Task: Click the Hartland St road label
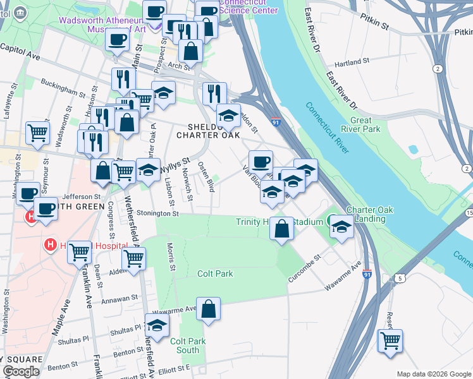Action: [352, 63]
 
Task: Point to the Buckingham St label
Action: [63, 87]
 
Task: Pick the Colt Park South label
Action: [188, 346]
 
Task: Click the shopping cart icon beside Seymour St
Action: [38, 133]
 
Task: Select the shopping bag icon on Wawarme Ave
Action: [208, 310]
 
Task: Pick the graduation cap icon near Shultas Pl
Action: [157, 325]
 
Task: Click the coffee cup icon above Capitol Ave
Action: [116, 40]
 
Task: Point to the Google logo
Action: [21, 371]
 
